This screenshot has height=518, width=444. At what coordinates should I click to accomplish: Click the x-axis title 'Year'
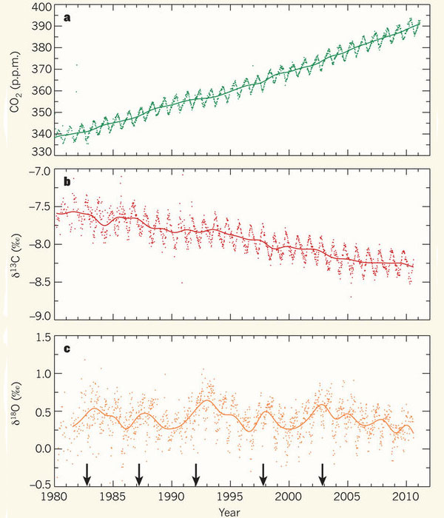pos(232,511)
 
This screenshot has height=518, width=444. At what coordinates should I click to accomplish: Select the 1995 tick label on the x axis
pos(230,496)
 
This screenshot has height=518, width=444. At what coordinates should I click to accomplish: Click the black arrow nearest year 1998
pos(263,472)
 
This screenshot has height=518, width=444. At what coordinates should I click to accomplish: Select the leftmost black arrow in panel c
pos(87,472)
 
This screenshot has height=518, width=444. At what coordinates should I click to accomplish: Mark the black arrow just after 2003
pos(322,472)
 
